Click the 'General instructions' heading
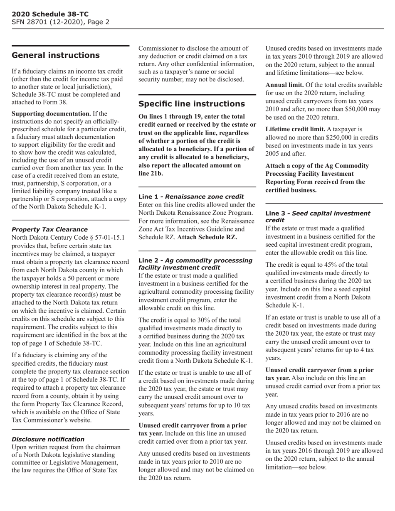point(55,55)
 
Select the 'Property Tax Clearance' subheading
point(49,229)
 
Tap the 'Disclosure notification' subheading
point(48,439)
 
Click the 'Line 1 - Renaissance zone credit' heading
point(191,197)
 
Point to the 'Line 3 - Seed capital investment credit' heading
point(317,216)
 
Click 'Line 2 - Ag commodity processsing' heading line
point(195,260)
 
